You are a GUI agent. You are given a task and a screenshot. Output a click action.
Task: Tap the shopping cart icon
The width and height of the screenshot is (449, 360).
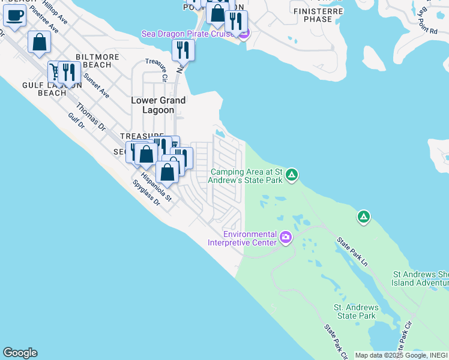click(56, 72)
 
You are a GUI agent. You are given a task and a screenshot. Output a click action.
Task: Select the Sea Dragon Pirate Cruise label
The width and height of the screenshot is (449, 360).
click(190, 34)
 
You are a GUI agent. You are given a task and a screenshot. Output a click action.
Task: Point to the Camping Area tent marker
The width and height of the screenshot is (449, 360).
click(291, 175)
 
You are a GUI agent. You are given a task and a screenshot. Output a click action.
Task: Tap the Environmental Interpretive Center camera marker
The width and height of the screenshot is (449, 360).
click(286, 238)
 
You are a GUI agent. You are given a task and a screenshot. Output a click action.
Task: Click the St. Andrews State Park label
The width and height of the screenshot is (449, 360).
click(355, 311)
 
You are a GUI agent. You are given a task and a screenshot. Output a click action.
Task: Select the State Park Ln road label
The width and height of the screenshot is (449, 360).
click(352, 251)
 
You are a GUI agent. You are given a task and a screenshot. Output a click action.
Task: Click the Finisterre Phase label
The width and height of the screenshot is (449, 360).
click(318, 15)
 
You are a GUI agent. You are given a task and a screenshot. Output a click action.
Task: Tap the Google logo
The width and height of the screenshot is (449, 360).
click(19, 353)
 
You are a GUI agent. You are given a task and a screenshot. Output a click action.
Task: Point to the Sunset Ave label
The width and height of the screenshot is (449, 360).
click(96, 85)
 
